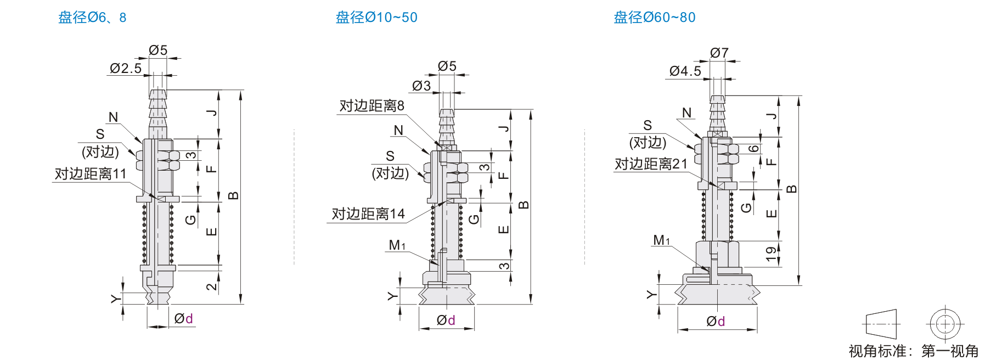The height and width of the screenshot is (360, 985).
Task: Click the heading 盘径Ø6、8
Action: [92, 18]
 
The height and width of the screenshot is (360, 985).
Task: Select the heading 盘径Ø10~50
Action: [376, 18]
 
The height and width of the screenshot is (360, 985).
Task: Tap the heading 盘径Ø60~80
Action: [654, 18]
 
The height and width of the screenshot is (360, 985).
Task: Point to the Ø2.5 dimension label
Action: [126, 68]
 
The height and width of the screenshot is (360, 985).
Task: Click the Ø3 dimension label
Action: [421, 86]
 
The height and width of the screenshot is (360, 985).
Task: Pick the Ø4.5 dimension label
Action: [685, 71]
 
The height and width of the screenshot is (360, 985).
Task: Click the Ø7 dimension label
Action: [719, 53]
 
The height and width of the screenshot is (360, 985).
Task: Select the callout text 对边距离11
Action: [91, 174]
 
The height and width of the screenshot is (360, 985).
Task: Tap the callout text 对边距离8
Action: [372, 106]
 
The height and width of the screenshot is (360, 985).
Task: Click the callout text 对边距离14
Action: [368, 214]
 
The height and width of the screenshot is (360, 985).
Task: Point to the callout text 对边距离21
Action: [651, 164]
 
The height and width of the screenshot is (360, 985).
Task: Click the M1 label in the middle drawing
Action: [397, 245]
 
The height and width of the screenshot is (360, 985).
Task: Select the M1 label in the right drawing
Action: [661, 240]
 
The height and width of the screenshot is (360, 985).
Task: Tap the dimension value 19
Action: [771, 253]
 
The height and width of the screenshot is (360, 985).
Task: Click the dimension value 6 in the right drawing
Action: [755, 149]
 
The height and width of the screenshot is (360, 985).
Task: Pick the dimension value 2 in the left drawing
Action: [212, 286]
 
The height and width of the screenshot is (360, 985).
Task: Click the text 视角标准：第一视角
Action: [914, 351]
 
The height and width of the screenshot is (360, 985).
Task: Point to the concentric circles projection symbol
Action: [945, 324]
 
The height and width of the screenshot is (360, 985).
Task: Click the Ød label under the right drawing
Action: [716, 321]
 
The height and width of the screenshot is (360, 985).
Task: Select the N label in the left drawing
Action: [114, 117]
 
